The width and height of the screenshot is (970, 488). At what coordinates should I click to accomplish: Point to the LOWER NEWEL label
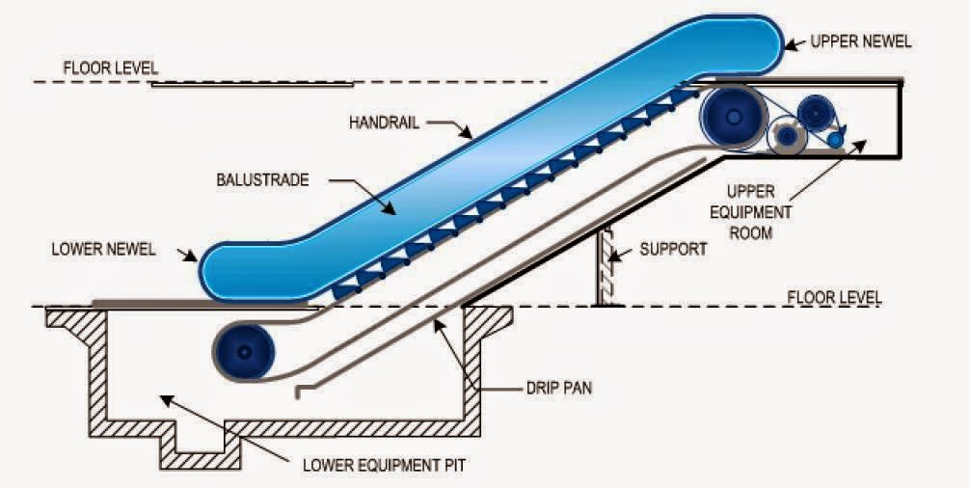(103, 249)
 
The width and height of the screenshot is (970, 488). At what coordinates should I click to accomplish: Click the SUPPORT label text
(673, 249)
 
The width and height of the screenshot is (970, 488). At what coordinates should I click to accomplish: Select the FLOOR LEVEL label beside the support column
(834, 296)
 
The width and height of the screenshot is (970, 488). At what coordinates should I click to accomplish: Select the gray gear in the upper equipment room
(789, 137)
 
